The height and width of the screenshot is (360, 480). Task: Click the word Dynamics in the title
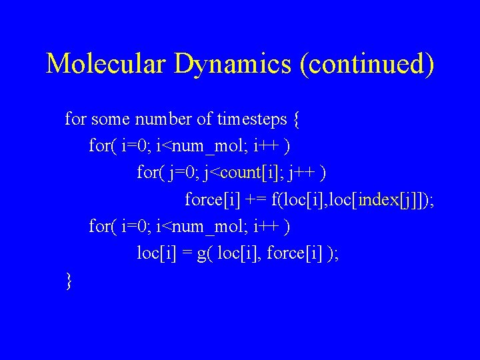tap(233, 63)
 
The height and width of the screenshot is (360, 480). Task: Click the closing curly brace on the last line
tap(69, 281)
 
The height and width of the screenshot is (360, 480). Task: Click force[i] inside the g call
tap(289, 253)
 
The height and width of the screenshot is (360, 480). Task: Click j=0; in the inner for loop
tap(182, 173)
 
